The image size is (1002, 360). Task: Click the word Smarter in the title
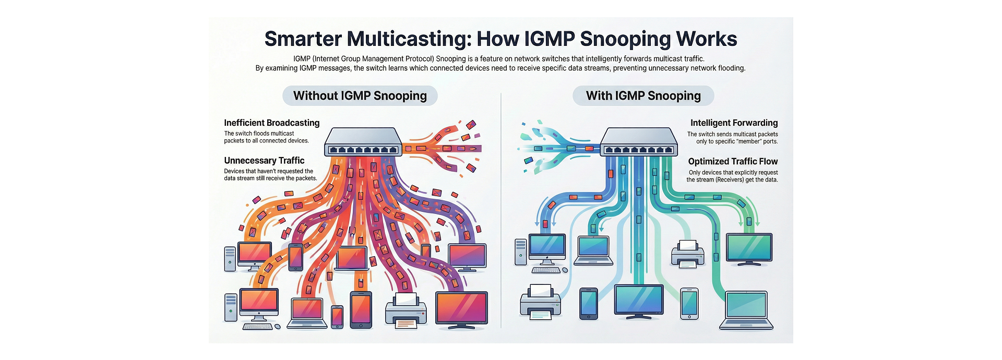[303, 39]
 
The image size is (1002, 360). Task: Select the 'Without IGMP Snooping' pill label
[360, 96]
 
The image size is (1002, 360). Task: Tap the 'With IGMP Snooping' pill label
[643, 96]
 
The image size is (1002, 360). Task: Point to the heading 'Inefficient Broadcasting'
[271, 123]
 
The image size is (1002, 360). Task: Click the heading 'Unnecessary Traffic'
[264, 161]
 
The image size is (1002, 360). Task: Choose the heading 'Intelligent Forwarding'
[734, 123]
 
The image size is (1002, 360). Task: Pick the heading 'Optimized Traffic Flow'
[733, 162]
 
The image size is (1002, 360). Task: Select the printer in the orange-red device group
[405, 311]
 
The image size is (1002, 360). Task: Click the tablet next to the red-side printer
[361, 310]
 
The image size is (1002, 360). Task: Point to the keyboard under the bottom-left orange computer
[257, 327]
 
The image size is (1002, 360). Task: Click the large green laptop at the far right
[746, 310]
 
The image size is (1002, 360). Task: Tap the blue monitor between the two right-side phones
[639, 302]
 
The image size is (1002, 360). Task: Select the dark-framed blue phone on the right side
[589, 303]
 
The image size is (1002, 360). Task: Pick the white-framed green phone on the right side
[689, 303]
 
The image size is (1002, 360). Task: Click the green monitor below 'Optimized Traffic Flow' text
[749, 250]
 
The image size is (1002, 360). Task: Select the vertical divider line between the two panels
[501, 209]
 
